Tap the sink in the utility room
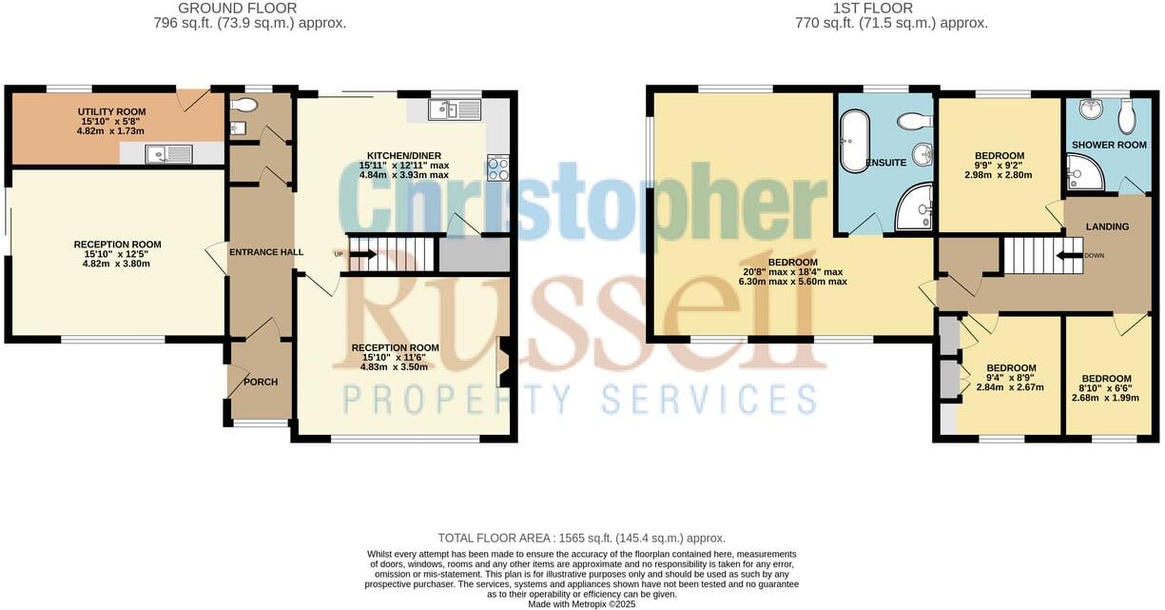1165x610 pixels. (168, 154)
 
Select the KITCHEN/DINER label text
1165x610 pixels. (404, 155)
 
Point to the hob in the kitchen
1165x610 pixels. (498, 168)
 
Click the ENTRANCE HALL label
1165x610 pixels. (266, 252)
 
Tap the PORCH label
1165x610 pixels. (262, 383)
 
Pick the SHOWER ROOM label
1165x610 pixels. (1109, 145)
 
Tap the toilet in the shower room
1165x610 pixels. (1128, 117)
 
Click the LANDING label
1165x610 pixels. (1108, 226)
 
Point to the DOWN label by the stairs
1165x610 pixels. (1095, 255)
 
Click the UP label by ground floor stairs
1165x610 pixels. (339, 254)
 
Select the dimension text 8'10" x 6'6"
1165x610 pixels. (1104, 398)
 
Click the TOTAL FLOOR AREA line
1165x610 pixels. (581, 538)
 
